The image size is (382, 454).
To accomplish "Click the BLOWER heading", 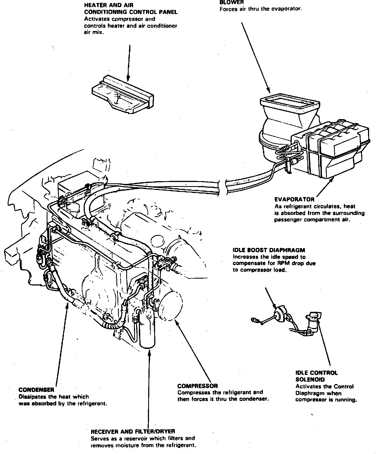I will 232,2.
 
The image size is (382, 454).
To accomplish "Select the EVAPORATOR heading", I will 294,200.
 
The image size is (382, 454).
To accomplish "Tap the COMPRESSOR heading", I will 198,386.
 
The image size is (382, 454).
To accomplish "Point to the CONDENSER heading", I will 36,390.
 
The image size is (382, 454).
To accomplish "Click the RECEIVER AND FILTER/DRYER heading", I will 133,431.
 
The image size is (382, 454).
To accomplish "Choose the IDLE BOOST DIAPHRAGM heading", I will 269,250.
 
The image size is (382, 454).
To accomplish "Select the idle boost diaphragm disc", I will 279,314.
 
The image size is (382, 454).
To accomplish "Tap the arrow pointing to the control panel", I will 128,63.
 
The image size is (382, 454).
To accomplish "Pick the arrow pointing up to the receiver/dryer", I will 149,390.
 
